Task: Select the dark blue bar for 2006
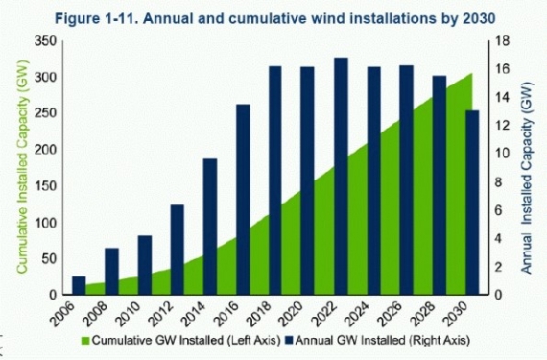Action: pos(80,285)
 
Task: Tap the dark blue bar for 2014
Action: pos(210,226)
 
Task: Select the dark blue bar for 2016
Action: pos(243,199)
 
